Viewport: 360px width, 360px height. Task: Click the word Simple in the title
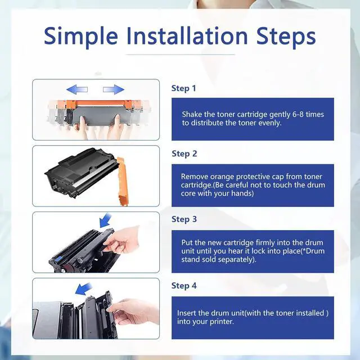click(x=81, y=36)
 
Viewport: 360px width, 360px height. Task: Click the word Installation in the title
click(x=187, y=35)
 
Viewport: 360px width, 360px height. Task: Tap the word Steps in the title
click(x=286, y=36)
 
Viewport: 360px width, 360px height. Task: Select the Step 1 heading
click(x=184, y=88)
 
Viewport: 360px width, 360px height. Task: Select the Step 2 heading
click(x=184, y=154)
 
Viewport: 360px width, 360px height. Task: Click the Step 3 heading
click(x=184, y=219)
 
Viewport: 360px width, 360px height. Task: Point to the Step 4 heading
click(x=184, y=286)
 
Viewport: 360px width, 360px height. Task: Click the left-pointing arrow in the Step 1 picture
click(x=77, y=89)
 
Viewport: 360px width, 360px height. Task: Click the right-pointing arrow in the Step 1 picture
click(x=114, y=89)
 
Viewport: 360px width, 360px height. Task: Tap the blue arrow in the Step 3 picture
click(x=105, y=220)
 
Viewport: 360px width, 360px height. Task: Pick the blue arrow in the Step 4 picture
click(x=84, y=289)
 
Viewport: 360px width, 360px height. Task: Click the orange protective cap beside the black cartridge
click(x=123, y=181)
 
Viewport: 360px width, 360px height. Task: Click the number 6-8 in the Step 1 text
click(x=298, y=114)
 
